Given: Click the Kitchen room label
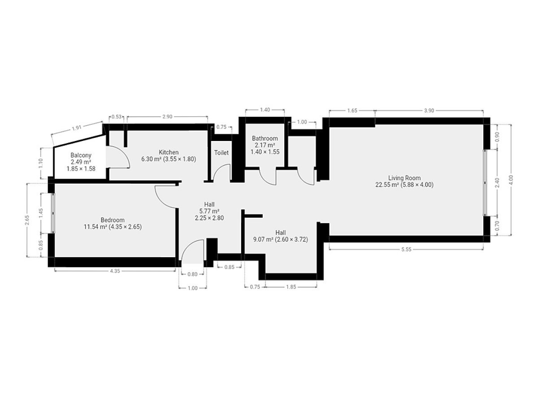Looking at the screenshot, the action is [x=169, y=152].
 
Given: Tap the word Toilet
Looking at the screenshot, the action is [x=221, y=153].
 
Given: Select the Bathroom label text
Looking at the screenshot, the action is [x=265, y=138].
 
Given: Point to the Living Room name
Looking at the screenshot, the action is [x=404, y=178].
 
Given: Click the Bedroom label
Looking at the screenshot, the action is [x=113, y=220].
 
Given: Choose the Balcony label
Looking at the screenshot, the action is [x=81, y=155].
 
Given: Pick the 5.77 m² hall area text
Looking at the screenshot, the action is [x=209, y=211].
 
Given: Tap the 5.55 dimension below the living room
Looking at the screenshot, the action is [x=406, y=249].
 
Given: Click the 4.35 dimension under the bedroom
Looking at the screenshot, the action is [x=115, y=271].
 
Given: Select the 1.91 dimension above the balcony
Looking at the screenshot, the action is [x=77, y=127].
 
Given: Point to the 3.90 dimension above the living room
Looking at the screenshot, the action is [x=429, y=110].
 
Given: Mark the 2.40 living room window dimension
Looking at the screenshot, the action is [x=497, y=183].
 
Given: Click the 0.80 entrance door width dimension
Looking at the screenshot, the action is [x=192, y=274].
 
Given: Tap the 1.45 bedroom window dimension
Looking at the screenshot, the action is [x=41, y=213].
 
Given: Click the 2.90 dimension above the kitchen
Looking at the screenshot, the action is [x=167, y=117].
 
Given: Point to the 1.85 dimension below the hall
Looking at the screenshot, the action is [x=291, y=287].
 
